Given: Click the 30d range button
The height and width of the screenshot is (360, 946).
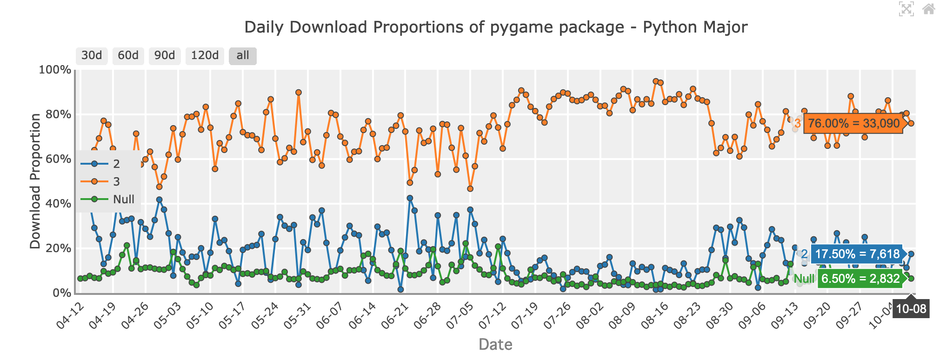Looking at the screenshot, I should click(92, 56).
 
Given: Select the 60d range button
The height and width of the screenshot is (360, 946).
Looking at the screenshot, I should click(128, 56).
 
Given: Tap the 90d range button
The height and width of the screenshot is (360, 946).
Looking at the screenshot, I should click(165, 56).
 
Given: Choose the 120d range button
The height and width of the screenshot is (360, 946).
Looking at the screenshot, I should click(205, 56).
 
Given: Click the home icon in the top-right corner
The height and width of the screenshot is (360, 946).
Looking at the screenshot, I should click(928, 9).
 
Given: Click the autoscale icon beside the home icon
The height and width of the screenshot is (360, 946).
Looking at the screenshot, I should click(906, 9).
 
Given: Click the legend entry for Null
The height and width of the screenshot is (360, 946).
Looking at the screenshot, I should click(123, 199).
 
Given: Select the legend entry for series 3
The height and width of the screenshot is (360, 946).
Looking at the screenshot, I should click(116, 181).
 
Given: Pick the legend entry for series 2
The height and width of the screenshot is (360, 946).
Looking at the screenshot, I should click(116, 164).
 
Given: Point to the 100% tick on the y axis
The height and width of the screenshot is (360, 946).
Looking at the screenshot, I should click(55, 70).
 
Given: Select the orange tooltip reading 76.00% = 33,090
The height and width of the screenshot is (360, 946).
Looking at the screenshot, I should click(853, 124).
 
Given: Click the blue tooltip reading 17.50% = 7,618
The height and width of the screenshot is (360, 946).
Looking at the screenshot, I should click(857, 254).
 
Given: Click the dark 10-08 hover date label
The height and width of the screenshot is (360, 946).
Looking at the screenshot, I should click(911, 309).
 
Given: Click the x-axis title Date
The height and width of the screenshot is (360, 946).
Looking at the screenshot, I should click(495, 345).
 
